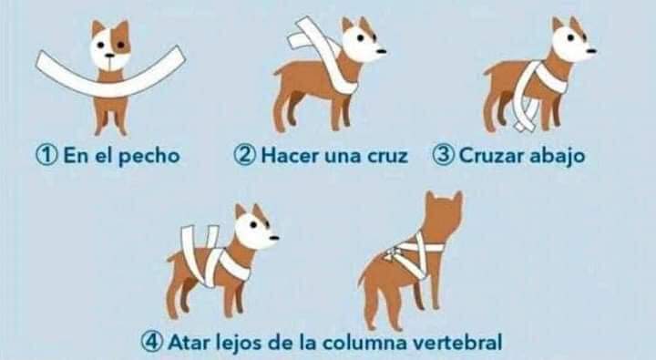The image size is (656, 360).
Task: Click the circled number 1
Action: [x=46, y=156]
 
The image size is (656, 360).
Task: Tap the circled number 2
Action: [x=244, y=156]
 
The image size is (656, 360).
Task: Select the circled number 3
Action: [x=443, y=156]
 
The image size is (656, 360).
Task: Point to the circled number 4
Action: [x=151, y=343]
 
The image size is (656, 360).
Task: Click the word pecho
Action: [x=149, y=157]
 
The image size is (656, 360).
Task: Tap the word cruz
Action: [x=387, y=157]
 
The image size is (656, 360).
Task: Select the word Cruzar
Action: [x=492, y=156]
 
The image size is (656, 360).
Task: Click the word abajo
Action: [x=558, y=157]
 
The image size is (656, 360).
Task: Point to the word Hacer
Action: [x=290, y=156]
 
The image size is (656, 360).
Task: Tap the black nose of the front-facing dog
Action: [x=110, y=55]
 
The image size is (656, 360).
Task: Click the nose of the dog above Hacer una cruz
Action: [x=382, y=51]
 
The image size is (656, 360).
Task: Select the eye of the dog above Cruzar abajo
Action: [x=570, y=37]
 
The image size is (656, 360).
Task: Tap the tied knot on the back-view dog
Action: [x=390, y=254]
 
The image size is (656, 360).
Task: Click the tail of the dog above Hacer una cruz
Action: [x=277, y=72]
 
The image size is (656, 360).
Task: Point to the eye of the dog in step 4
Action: [x=253, y=224]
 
